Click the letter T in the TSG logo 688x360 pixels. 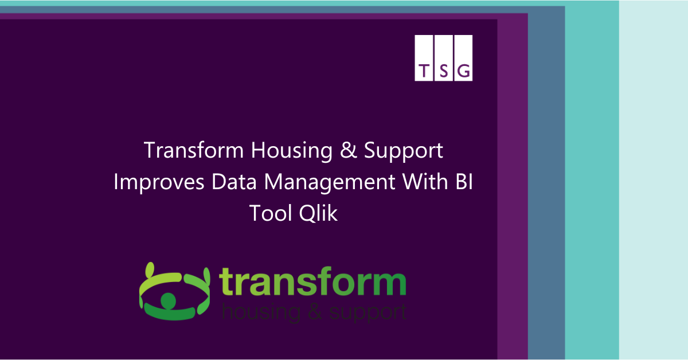click(x=424, y=71)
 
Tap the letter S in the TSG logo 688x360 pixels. click(x=444, y=71)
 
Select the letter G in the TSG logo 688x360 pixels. click(x=464, y=71)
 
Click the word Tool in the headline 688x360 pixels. click(x=270, y=213)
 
